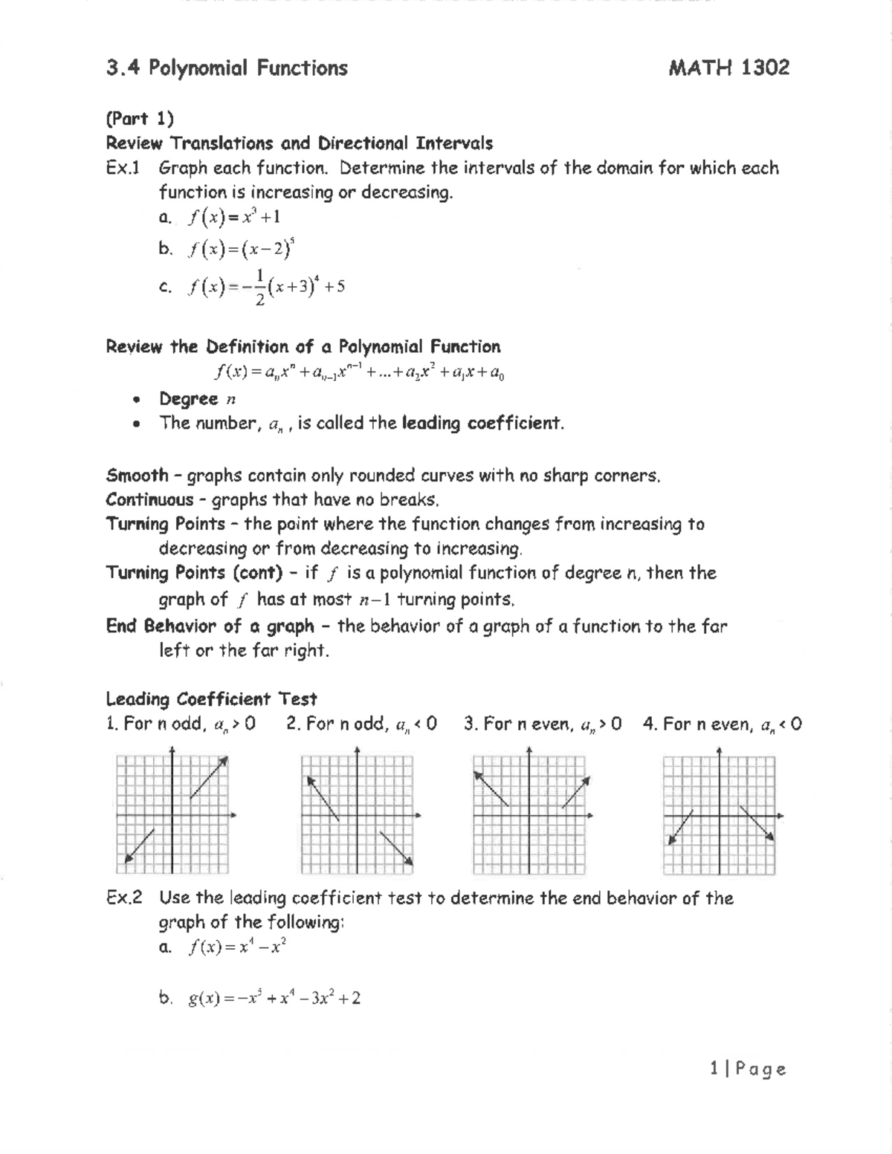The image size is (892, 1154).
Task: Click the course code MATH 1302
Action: click(x=728, y=68)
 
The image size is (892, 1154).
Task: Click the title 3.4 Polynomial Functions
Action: click(x=227, y=68)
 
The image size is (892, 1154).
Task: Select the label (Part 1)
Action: click(x=140, y=119)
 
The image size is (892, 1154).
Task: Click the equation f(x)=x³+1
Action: click(x=234, y=217)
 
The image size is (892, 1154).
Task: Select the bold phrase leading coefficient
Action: click(x=482, y=424)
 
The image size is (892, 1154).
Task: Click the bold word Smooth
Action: click(x=137, y=476)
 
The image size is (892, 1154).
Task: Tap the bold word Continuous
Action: click(x=149, y=499)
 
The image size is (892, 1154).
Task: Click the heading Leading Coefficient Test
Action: click(x=211, y=699)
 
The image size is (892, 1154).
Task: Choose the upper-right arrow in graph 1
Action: click(x=209, y=777)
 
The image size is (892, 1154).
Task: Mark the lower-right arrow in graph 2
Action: click(x=396, y=847)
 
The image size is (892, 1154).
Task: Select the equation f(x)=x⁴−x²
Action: click(x=237, y=947)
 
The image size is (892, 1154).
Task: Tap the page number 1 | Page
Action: click(x=748, y=1069)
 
